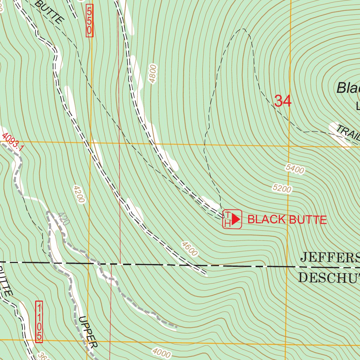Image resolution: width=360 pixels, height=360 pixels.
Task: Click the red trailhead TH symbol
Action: [232, 219]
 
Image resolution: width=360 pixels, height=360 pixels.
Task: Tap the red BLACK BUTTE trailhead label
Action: [287, 220]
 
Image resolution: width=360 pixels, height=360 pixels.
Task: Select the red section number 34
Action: [283, 101]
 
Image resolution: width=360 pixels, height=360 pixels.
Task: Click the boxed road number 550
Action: [89, 20]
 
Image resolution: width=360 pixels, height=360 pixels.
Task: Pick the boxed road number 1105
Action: [39, 321]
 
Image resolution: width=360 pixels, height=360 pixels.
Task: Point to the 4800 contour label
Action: [153, 74]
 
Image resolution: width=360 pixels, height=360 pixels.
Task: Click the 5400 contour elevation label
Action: [295, 169]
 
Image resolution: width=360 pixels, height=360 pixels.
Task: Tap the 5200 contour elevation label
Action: [282, 189]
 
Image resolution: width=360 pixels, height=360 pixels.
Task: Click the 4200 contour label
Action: [79, 194]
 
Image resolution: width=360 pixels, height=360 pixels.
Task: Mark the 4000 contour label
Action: [161, 353]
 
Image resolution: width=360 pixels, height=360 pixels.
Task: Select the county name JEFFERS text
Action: [330, 257]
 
